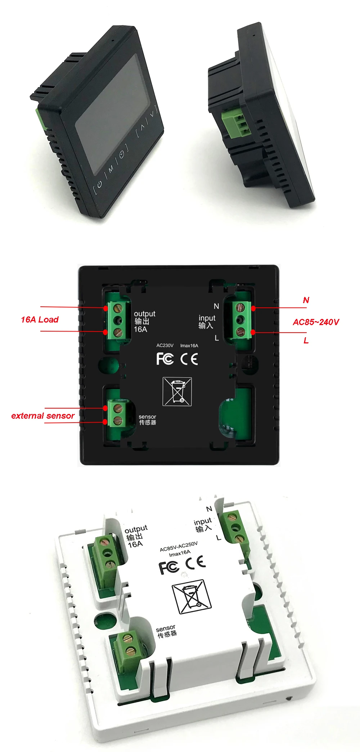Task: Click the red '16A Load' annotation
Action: tap(40, 320)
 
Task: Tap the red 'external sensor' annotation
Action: tap(43, 416)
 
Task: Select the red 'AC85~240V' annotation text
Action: tap(316, 322)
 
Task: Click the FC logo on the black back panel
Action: tap(165, 359)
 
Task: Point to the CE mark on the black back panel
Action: tap(189, 359)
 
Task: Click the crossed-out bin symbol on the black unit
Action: tap(177, 391)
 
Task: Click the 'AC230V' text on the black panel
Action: tap(165, 346)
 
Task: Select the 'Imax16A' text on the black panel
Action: tap(189, 346)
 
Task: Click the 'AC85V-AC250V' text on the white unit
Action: tap(179, 546)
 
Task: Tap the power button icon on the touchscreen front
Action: tap(99, 184)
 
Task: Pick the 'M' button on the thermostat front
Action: tap(111, 168)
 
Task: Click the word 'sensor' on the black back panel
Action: tap(147, 417)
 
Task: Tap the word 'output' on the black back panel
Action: tap(144, 314)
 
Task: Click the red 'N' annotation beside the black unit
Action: tap(306, 300)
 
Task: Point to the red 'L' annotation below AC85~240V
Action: tap(306, 341)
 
